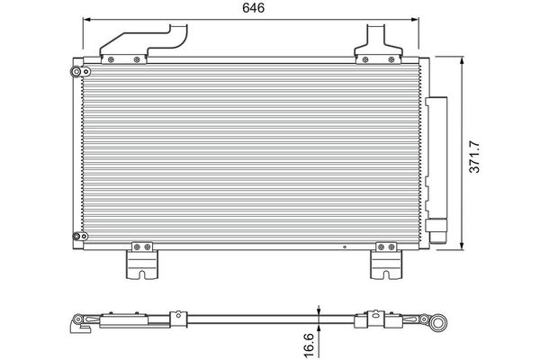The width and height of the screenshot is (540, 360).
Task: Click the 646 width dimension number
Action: point(253,7)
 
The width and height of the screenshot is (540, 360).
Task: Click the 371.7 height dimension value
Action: point(474,157)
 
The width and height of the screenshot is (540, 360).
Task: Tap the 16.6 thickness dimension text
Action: point(309,345)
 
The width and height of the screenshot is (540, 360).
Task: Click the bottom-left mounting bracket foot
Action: point(142,265)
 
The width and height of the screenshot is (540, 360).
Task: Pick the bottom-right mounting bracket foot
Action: point(386,265)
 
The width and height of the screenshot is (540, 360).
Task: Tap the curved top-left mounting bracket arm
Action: point(144,40)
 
